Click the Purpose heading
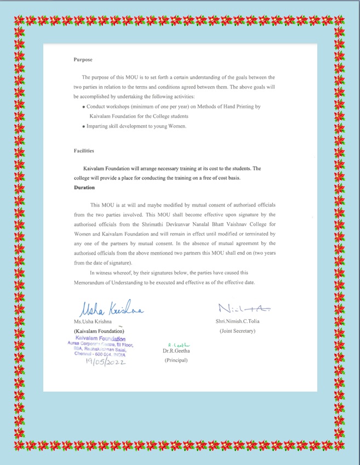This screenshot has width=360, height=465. click(x=83, y=60)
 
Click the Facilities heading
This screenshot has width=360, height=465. click(x=84, y=150)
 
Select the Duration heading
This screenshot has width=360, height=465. click(x=84, y=187)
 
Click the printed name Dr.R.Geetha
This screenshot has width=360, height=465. click(x=176, y=351)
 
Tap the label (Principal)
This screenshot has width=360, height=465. click(x=176, y=360)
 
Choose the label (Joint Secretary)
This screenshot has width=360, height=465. click(x=237, y=331)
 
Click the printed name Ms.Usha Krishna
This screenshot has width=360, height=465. click(x=93, y=322)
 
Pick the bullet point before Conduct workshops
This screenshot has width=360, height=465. click(x=83, y=107)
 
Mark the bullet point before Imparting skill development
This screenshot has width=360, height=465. click(x=83, y=127)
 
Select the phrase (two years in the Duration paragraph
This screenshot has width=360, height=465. click(x=262, y=254)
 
